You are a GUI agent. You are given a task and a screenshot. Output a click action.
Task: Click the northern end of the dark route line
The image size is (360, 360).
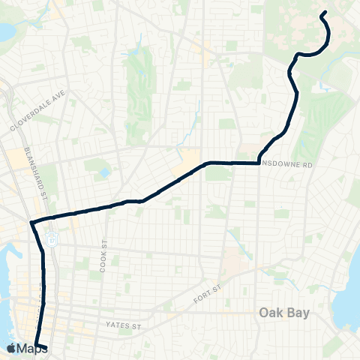pyautogui.click(x=323, y=13)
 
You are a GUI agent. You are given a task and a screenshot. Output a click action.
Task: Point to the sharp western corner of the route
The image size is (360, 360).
pyautogui.click(x=31, y=222)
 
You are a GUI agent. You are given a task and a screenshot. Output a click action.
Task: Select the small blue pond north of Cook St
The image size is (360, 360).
pyautogui.click(x=106, y=172)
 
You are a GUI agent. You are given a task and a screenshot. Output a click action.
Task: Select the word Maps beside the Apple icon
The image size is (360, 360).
pyautogui.click(x=34, y=348)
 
